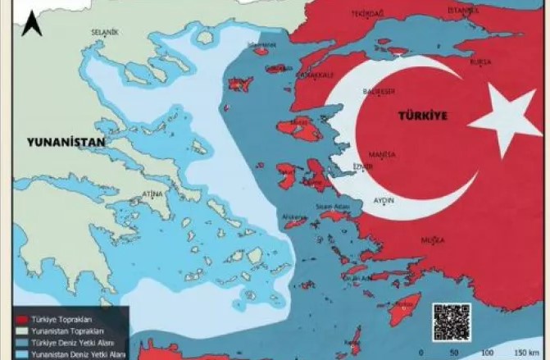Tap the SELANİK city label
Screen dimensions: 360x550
coord(105,32)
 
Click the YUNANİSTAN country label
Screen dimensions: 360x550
coord(66,142)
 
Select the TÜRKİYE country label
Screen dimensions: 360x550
coord(422,116)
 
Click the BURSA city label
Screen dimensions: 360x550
coord(480,62)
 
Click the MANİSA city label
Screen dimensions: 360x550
coord(383,155)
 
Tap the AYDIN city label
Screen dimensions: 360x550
coord(384,200)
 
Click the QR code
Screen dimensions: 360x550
coord(452,321)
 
